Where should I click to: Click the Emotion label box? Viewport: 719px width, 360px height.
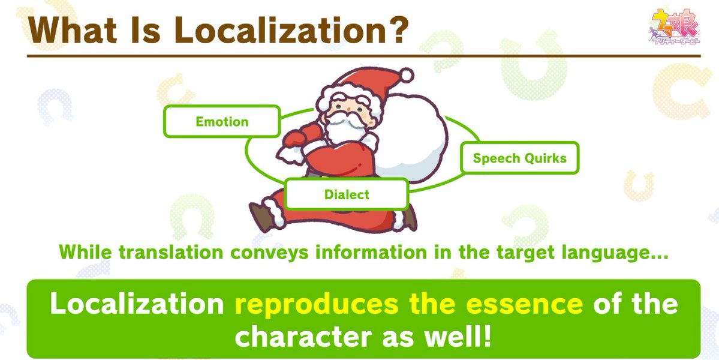click(222, 122)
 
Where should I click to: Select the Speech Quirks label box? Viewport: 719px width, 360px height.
click(519, 158)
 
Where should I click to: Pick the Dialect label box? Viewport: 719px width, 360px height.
click(347, 194)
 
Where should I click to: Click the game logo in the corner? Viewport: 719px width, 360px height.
click(674, 26)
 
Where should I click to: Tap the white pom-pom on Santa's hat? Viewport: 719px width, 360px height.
click(406, 75)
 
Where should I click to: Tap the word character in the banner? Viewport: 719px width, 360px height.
click(303, 337)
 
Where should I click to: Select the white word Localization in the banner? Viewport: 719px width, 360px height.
click(137, 304)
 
